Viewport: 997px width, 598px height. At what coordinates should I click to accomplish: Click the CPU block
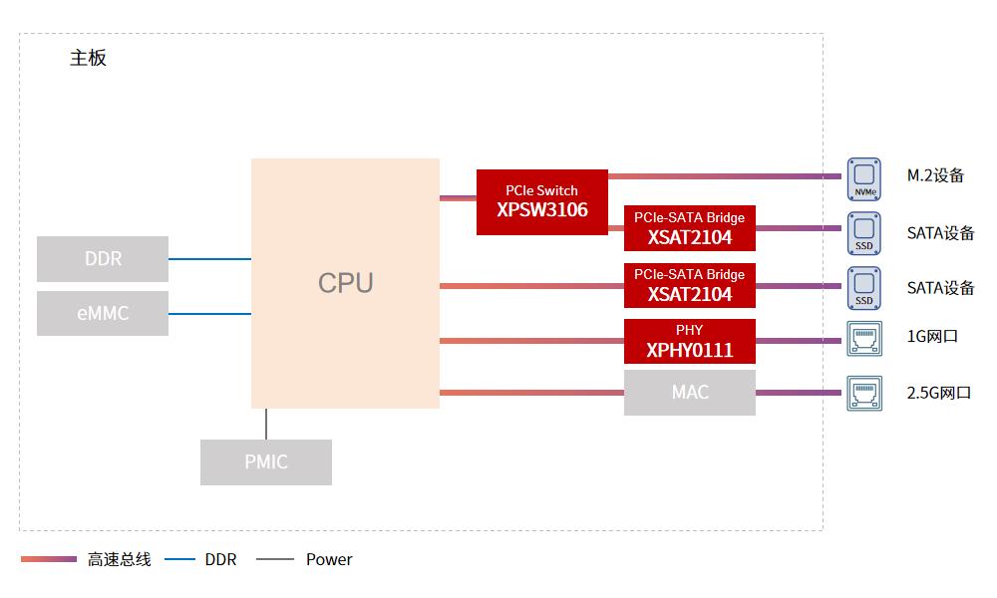click(345, 283)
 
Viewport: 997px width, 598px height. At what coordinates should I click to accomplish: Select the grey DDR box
click(103, 259)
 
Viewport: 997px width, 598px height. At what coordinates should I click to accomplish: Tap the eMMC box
click(103, 313)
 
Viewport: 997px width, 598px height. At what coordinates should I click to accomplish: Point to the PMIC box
click(266, 462)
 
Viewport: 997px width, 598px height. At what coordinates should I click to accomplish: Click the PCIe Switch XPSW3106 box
click(541, 202)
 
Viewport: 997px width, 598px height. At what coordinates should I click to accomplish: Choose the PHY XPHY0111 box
click(689, 341)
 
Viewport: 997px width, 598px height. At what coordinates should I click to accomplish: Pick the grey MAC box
click(689, 393)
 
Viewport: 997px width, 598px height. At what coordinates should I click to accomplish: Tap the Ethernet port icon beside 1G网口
click(864, 338)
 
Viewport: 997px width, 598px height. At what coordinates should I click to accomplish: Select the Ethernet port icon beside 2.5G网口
click(864, 392)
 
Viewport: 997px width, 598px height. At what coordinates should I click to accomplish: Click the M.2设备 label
click(935, 175)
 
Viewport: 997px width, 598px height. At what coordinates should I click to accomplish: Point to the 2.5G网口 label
click(938, 393)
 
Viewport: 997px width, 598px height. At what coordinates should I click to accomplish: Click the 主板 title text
click(88, 58)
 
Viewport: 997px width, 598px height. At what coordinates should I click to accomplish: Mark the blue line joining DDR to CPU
click(209, 259)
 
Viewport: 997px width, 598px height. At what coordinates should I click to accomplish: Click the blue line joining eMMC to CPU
click(209, 314)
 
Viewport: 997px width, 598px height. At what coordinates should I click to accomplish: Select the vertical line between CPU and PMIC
click(266, 424)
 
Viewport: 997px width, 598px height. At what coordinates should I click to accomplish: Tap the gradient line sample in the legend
click(48, 559)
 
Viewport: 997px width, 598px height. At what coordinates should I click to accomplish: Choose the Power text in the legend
click(329, 560)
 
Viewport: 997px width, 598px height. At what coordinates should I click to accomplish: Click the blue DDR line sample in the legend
click(179, 559)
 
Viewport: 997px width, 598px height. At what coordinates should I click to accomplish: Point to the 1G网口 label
click(932, 337)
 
